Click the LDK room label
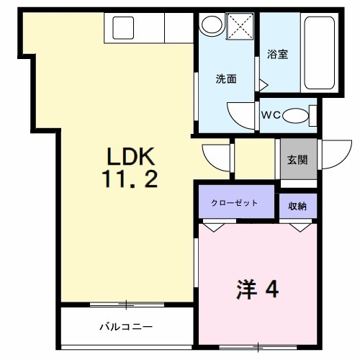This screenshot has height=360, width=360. pos(132,156)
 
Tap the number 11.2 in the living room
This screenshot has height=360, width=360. pos(132,180)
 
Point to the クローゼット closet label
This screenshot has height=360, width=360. pos(234,203)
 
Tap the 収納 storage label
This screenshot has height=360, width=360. pos(297,206)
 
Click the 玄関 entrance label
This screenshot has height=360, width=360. pos(297,160)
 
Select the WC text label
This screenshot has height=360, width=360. pos(271,114)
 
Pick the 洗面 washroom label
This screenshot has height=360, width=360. pos(227,79)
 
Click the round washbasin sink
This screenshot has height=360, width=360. pos(211,24)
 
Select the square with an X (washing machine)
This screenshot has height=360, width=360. pos(240,27)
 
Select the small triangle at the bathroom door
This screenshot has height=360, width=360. pos(263,85)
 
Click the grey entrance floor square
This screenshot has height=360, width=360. pos(297,160)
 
